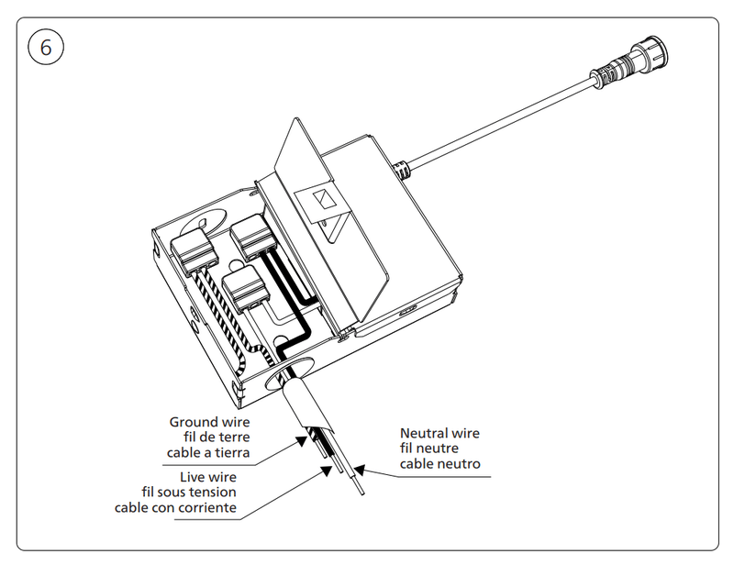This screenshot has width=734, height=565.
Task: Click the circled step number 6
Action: (47, 47)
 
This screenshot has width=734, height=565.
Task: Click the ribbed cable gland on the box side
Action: (401, 170)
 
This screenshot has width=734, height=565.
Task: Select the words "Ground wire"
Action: (210, 422)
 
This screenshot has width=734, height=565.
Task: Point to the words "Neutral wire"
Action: (439, 433)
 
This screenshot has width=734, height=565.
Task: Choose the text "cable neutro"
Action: (439, 464)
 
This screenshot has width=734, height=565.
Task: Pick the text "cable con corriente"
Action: (175, 507)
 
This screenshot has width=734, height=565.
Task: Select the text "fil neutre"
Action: (439, 449)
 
